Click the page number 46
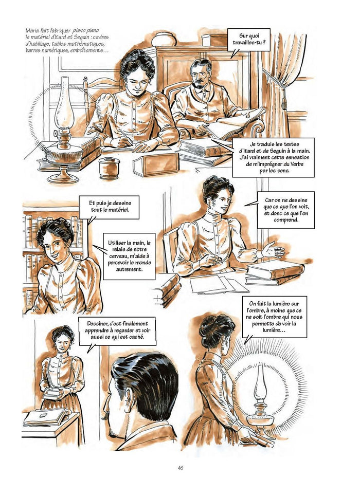[x=181, y=468]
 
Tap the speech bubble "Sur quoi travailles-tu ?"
[x=248, y=40]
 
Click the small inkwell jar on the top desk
[x=109, y=168]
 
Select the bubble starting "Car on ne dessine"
[x=285, y=210]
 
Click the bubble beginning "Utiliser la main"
[x=129, y=255]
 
